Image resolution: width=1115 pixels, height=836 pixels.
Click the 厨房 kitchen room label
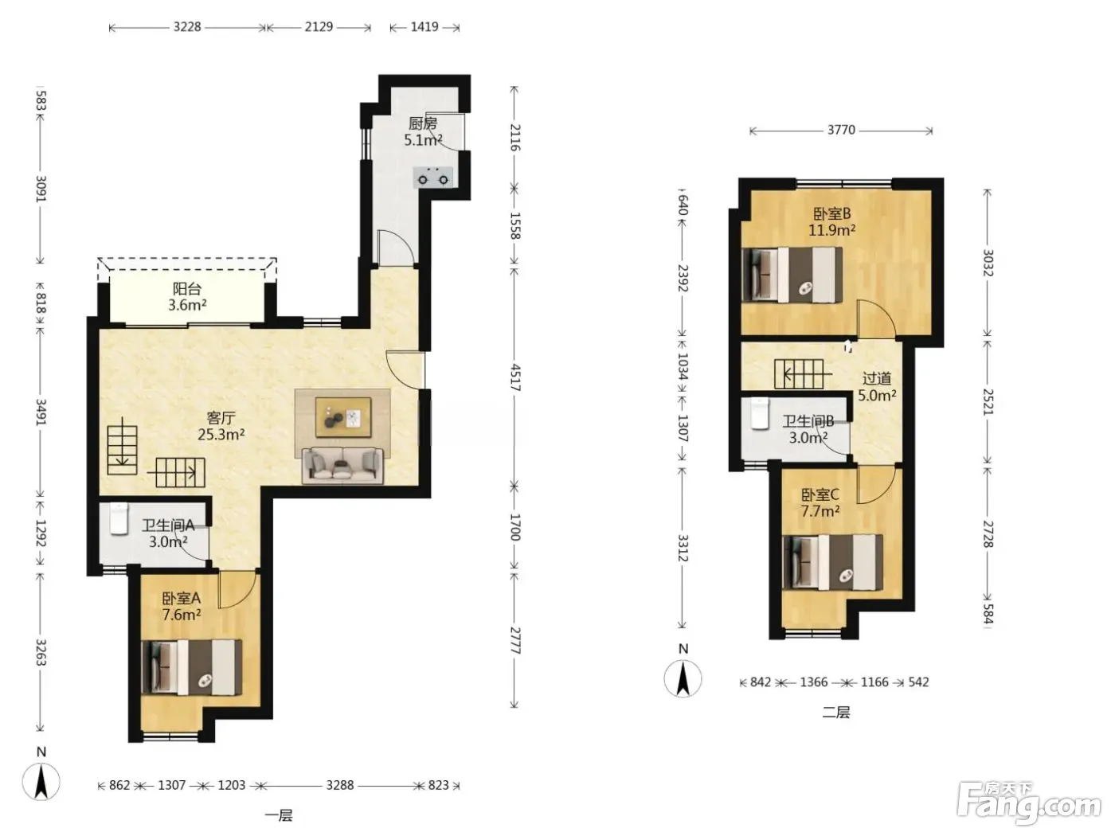pos(423,123)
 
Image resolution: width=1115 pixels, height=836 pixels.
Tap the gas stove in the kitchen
pos(432,177)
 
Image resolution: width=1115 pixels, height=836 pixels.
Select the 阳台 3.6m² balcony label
pos(187,297)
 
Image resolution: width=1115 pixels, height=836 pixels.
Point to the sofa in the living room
pos(342,465)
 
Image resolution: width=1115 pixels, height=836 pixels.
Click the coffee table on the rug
pos(343,416)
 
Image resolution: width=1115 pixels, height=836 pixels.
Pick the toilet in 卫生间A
pos(119,518)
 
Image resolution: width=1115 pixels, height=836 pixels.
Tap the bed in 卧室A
pos(191,667)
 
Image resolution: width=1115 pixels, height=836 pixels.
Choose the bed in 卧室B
pos(792,275)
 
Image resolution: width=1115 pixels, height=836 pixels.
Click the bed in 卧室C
pos(833,562)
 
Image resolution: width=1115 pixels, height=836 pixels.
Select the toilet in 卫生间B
pos(760,413)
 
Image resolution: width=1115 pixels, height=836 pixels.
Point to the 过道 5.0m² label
pos(877,387)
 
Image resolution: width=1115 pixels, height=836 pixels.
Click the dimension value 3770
pos(841,130)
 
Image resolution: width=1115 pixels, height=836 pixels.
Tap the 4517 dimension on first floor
pos(515,377)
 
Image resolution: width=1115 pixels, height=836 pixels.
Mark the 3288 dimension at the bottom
pos(340,785)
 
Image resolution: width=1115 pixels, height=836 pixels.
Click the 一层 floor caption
pos(279,815)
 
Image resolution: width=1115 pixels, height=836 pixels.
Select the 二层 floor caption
pos(835,713)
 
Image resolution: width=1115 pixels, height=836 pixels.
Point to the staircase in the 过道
pos(799,374)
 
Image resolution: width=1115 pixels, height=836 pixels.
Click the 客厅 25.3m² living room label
pos(221,427)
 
